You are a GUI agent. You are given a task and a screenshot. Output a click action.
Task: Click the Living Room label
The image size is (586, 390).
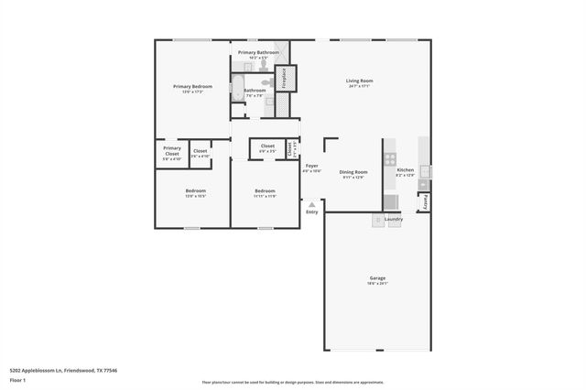358,81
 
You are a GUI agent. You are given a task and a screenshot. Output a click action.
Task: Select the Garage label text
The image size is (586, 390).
377,277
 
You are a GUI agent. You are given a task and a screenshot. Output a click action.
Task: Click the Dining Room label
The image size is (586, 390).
353,172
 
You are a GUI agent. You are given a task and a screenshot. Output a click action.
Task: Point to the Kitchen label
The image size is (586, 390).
405,170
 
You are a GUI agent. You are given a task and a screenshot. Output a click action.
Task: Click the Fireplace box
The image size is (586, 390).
285,78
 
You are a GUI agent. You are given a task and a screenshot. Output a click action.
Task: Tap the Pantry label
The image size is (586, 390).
425,201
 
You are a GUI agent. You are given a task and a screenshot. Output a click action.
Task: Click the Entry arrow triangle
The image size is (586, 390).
312,204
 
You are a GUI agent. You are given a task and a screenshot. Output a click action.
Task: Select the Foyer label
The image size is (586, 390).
311,166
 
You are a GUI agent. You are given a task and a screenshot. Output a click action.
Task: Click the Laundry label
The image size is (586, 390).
394,219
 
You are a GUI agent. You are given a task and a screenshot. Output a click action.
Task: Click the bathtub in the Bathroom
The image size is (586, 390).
237,90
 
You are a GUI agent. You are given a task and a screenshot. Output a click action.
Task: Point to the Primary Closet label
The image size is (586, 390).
172,150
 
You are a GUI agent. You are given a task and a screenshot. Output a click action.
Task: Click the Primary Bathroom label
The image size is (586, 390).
258,52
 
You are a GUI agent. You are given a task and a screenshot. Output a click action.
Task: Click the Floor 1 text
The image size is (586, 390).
18,380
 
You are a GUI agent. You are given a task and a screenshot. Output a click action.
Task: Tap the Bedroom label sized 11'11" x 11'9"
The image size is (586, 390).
266,190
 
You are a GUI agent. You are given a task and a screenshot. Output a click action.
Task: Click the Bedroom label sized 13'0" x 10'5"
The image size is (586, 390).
196,190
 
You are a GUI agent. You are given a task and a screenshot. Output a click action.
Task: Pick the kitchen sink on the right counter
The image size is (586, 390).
424,170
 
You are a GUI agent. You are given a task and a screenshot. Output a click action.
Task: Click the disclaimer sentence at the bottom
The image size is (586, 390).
293,383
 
